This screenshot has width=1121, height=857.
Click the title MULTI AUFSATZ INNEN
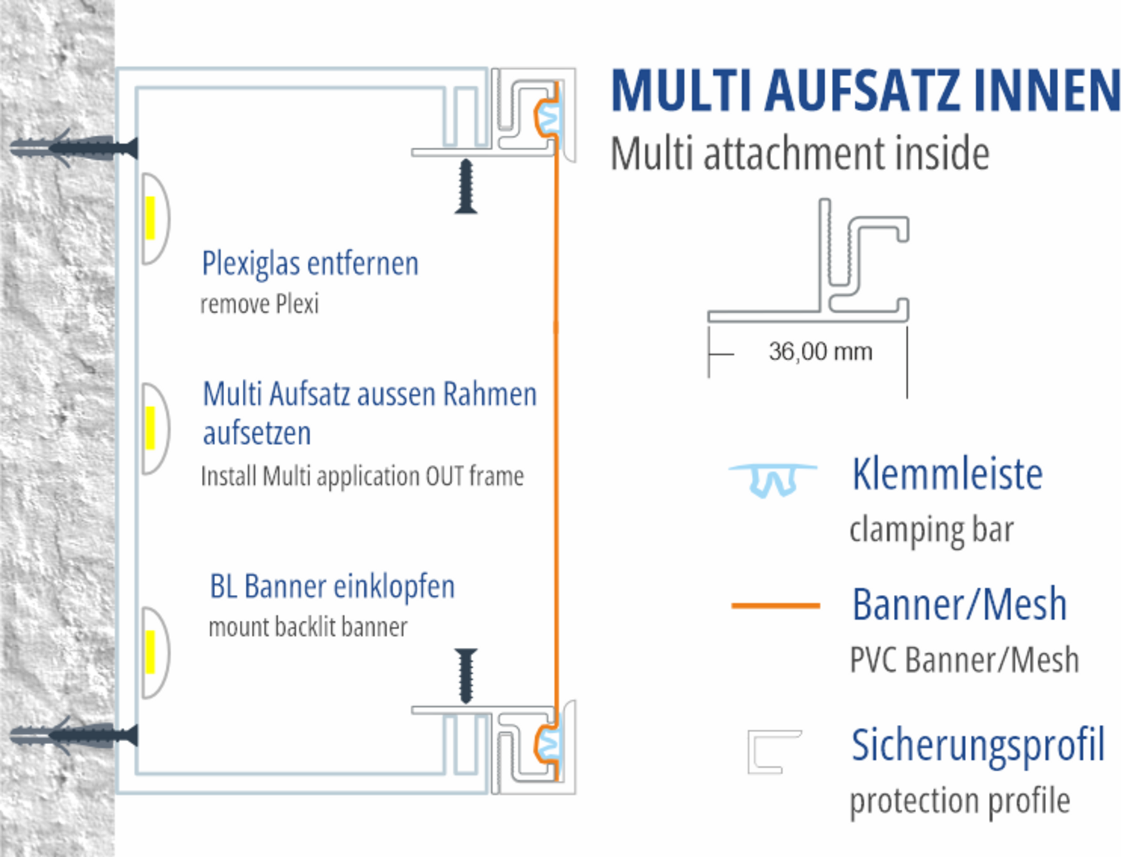865,91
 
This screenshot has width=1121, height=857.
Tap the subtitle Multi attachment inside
800,154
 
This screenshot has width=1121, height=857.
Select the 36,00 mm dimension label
820,351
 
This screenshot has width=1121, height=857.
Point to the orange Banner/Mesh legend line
775,606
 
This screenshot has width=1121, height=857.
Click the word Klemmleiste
947,474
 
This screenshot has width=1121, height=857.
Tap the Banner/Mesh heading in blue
960,605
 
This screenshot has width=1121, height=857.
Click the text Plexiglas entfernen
310,264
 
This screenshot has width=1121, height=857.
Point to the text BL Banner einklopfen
332,587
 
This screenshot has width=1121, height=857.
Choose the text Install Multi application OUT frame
362,476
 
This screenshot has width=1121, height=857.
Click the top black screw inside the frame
466,186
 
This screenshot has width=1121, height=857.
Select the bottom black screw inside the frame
466,675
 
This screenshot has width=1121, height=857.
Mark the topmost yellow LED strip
151,218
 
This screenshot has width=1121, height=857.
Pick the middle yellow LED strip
151,428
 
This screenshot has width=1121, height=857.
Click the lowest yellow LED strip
151,651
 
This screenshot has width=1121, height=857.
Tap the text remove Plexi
259,304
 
